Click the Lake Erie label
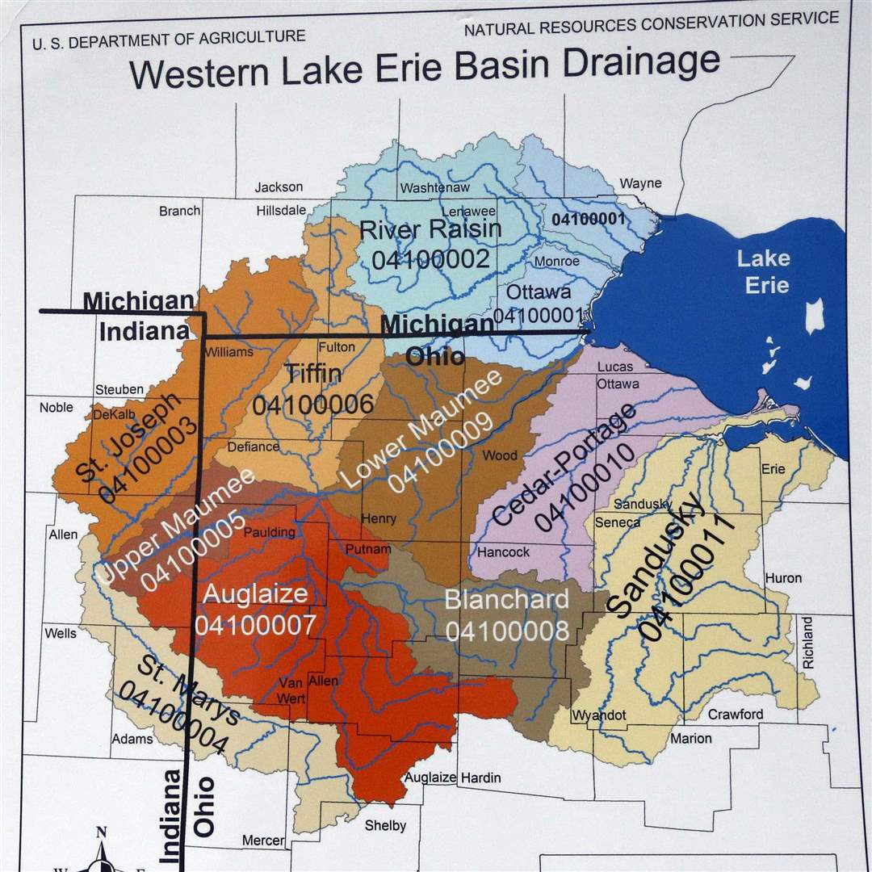(763, 271)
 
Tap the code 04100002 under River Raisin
(431, 259)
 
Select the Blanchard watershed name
(507, 600)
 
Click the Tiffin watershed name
(312, 374)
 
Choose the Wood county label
(500, 455)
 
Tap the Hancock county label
(503, 552)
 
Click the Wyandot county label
(599, 715)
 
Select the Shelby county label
(385, 825)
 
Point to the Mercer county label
(263, 841)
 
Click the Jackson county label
(279, 187)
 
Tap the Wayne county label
(640, 183)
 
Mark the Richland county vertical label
(808, 642)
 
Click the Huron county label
(783, 578)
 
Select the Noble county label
(56, 408)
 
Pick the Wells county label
(61, 633)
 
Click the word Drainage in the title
(641, 63)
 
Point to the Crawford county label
(735, 714)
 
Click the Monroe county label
(556, 262)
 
